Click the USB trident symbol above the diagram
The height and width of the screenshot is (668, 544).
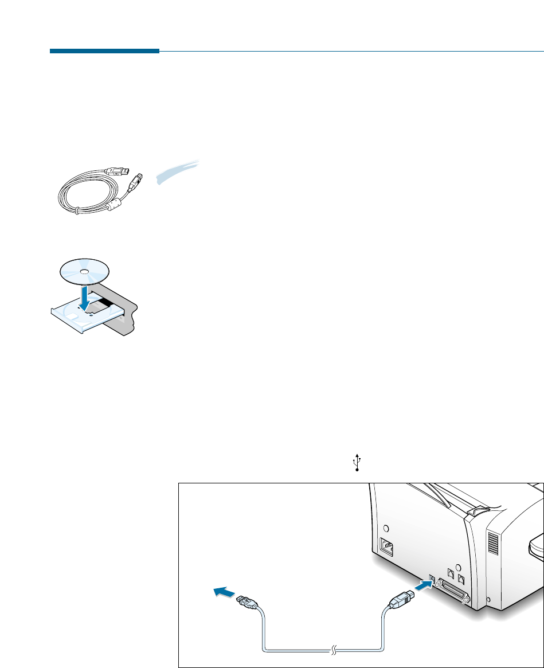click(x=357, y=462)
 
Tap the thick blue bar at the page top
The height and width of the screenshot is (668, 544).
click(x=104, y=51)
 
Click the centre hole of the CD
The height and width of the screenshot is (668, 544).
click(x=84, y=271)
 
